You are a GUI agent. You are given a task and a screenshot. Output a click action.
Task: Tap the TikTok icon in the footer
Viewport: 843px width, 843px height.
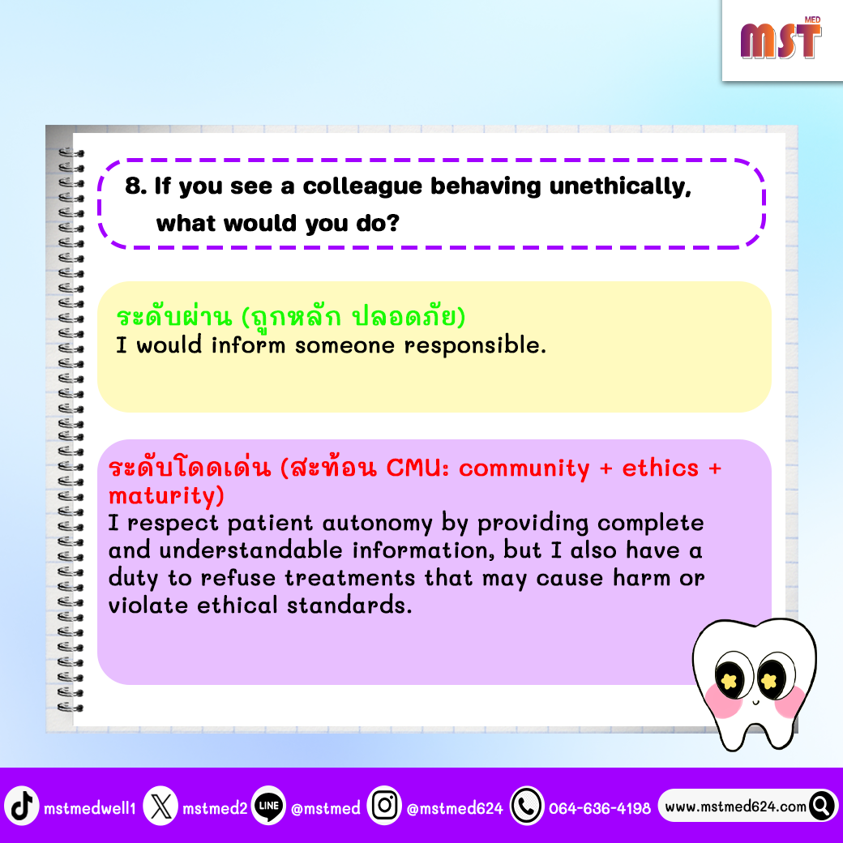click(x=22, y=806)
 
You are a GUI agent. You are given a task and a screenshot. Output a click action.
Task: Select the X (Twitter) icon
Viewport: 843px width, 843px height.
click(x=160, y=806)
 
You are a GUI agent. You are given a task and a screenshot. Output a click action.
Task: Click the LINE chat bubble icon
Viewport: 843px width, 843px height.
click(x=269, y=806)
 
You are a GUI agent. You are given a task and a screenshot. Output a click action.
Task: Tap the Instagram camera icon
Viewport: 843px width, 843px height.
click(x=384, y=806)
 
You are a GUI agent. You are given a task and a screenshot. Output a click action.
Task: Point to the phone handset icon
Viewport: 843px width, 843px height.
click(x=527, y=806)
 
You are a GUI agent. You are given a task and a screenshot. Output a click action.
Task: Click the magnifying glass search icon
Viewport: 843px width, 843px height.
click(x=821, y=806)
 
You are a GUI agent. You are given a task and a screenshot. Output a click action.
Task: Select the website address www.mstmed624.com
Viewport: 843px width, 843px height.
click(x=735, y=807)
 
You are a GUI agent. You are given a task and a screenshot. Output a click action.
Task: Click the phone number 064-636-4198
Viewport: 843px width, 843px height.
click(x=600, y=808)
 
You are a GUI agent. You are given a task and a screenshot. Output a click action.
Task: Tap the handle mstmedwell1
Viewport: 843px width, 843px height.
click(x=90, y=808)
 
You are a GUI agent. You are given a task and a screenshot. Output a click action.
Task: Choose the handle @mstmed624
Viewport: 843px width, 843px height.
click(x=455, y=808)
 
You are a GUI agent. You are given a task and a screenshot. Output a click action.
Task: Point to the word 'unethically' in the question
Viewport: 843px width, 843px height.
click(x=620, y=187)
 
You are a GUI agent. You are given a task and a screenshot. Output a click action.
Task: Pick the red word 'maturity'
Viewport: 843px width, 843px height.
click(x=166, y=496)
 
